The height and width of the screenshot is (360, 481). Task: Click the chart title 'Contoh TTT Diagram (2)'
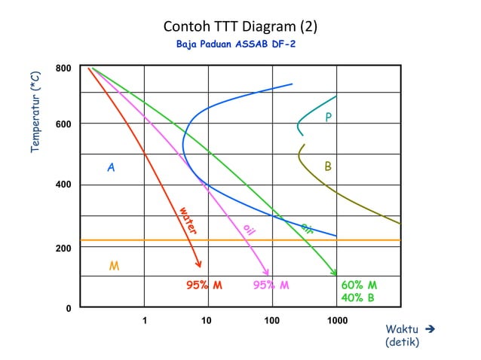pos(240,27)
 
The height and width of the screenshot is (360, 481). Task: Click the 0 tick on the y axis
pos(68,308)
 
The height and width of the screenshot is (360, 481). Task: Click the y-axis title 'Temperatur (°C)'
pos(35,114)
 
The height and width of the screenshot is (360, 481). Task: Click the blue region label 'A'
pos(111,168)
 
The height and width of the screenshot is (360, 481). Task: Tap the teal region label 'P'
pos(328,117)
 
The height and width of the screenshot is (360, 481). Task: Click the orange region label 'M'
pos(114,266)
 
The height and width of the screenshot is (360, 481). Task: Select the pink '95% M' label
pos(271,285)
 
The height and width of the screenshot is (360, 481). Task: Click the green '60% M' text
pos(359,285)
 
